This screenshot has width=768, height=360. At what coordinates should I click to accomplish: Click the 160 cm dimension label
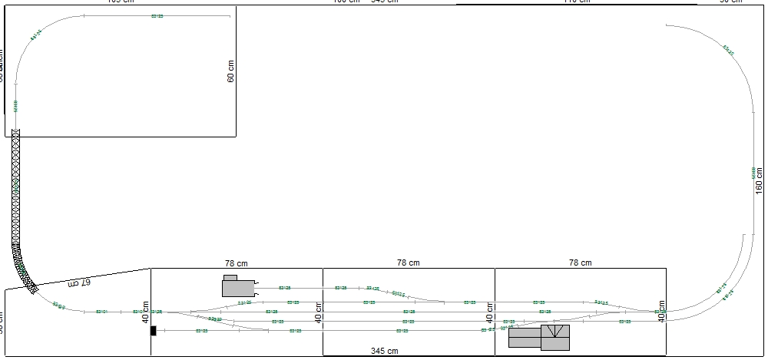(759, 179)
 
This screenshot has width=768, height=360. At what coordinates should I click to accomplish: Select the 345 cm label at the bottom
(384, 352)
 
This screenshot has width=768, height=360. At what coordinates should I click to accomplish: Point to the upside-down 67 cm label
(79, 283)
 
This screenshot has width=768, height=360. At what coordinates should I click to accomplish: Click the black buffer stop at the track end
(154, 331)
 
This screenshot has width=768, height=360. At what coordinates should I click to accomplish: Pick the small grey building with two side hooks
(238, 287)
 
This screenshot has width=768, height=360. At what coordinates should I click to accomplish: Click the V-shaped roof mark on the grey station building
(555, 332)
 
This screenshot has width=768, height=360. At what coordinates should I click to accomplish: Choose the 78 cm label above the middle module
(409, 263)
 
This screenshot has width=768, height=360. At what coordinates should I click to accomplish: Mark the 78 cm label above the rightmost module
(581, 263)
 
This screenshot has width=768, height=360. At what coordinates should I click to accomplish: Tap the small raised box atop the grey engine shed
(230, 277)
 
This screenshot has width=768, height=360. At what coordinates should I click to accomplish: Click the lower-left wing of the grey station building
(524, 338)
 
